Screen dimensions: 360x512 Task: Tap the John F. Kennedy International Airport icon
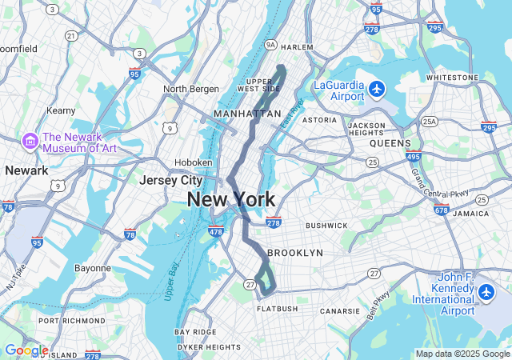pos(486,292)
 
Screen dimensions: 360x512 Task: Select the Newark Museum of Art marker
pos(30,141)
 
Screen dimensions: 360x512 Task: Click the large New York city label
pos(231,200)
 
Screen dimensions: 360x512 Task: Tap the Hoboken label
pos(194,162)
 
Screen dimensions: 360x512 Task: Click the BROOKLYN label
pos(295,252)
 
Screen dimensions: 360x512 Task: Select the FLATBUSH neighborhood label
pos(277,308)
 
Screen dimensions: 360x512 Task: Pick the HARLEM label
pos(297,47)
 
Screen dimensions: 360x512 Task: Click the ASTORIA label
pos(319,120)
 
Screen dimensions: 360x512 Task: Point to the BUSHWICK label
pos(326,226)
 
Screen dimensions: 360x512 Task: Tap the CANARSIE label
pos(340,310)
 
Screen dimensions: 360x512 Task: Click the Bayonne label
pos(92,268)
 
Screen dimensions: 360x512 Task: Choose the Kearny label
pos(61,110)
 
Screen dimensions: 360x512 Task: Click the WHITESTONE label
pos(452,78)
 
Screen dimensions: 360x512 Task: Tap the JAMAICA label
pos(470,214)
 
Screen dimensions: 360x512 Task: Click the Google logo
pos(26,350)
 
